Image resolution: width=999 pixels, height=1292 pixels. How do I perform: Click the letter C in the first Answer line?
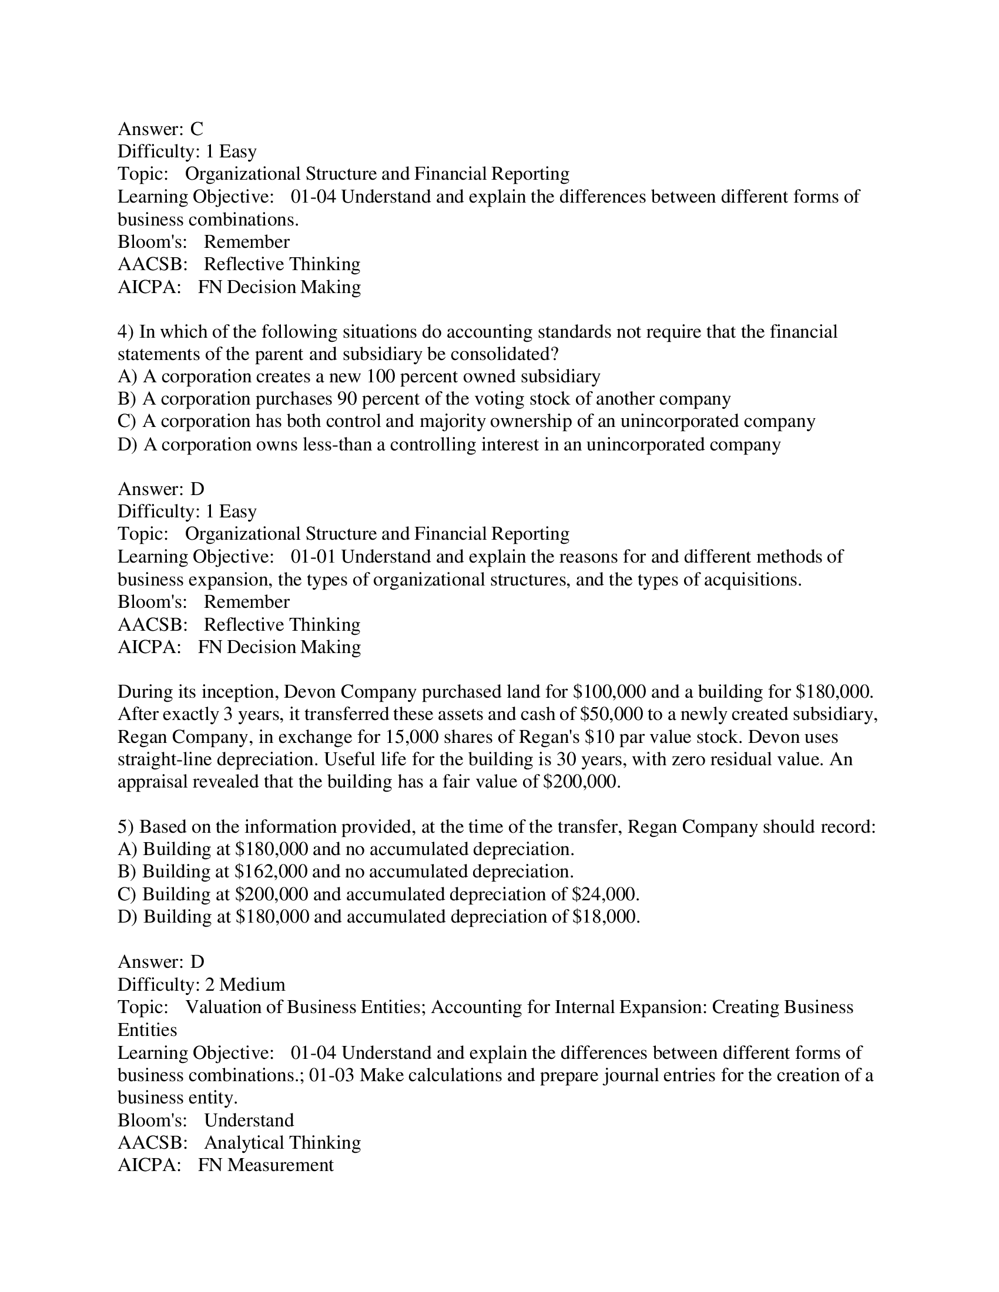pos(196,129)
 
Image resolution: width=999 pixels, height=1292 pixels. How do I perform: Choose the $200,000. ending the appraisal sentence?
pos(582,782)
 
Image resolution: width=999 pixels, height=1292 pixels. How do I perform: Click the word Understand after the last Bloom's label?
pos(249,1120)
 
